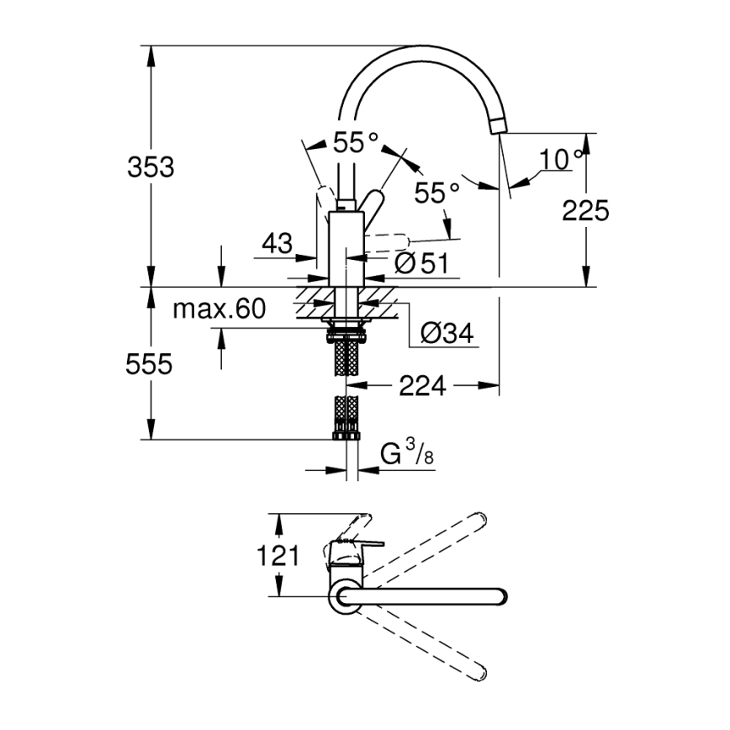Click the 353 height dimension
(x=151, y=167)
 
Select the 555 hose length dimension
(x=151, y=364)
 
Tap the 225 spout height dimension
(x=586, y=210)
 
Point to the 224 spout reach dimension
(x=421, y=385)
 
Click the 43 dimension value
(x=277, y=244)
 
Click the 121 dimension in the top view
(x=277, y=555)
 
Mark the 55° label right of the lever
(x=436, y=193)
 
